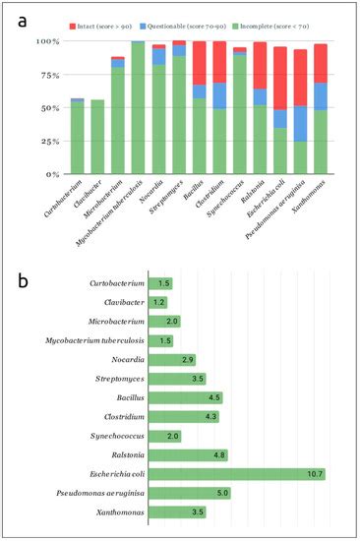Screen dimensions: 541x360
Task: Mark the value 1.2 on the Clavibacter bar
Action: click(x=158, y=302)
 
